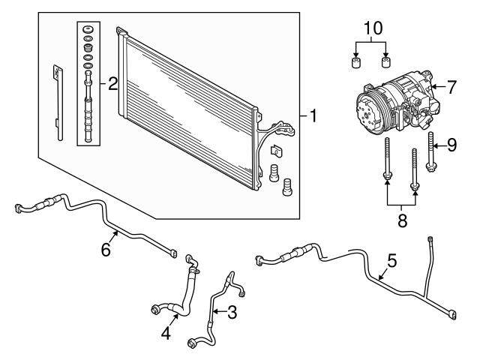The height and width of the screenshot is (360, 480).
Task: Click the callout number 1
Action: (x=313, y=116)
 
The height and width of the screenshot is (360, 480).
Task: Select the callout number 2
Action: (x=113, y=83)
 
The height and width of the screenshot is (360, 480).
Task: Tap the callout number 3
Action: (x=232, y=313)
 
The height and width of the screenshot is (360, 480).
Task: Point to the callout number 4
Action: (x=166, y=333)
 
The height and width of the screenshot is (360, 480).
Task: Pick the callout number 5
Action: (x=391, y=261)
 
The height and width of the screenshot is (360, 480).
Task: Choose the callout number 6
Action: (x=106, y=250)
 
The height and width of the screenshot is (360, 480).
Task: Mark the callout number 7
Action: (x=451, y=87)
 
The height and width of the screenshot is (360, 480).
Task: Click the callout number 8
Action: (x=402, y=220)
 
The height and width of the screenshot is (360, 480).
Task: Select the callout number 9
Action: (x=452, y=145)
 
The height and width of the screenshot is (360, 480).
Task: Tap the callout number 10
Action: (x=373, y=28)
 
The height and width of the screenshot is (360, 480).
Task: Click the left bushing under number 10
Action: (x=355, y=62)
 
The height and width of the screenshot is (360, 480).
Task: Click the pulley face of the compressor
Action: (x=367, y=115)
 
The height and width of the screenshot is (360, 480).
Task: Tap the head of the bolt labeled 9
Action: (x=431, y=167)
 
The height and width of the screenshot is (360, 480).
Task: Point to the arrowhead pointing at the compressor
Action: (x=433, y=87)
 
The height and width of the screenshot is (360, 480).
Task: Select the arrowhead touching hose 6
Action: (x=116, y=233)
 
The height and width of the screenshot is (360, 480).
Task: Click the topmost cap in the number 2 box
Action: (x=88, y=30)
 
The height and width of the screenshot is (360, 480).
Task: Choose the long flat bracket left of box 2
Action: (x=58, y=103)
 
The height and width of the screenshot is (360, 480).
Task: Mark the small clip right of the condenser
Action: (x=276, y=151)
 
